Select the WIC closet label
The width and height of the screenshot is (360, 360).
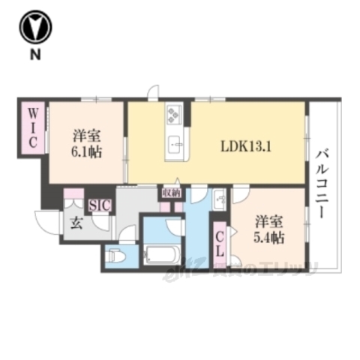(x=34, y=129)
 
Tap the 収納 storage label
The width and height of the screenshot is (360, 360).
(x=170, y=193)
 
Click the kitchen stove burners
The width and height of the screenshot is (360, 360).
(x=175, y=114)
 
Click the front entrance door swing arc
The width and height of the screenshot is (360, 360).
(x=46, y=221)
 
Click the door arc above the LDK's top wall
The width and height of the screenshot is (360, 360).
(x=153, y=94)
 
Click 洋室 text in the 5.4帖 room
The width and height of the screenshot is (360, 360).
(x=269, y=222)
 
